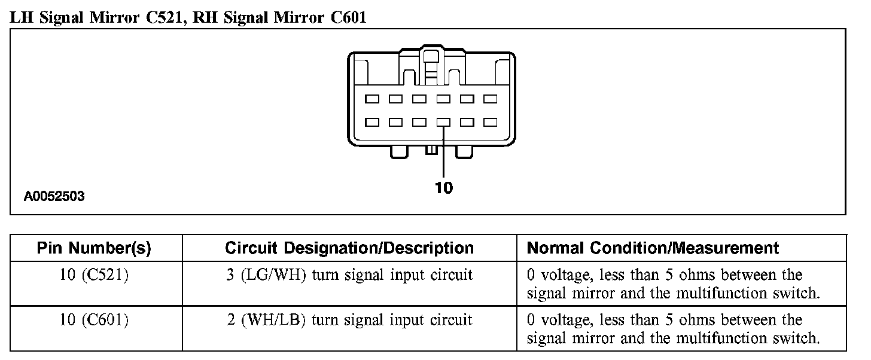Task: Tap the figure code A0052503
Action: click(54, 196)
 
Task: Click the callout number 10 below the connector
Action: click(443, 188)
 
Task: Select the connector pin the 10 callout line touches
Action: click(443, 122)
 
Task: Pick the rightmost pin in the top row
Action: click(491, 99)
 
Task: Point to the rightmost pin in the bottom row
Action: click(491, 122)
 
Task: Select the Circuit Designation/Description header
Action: click(349, 248)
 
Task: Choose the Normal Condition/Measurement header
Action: click(653, 248)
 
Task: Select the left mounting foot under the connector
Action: click(400, 151)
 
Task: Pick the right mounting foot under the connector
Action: click(464, 151)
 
